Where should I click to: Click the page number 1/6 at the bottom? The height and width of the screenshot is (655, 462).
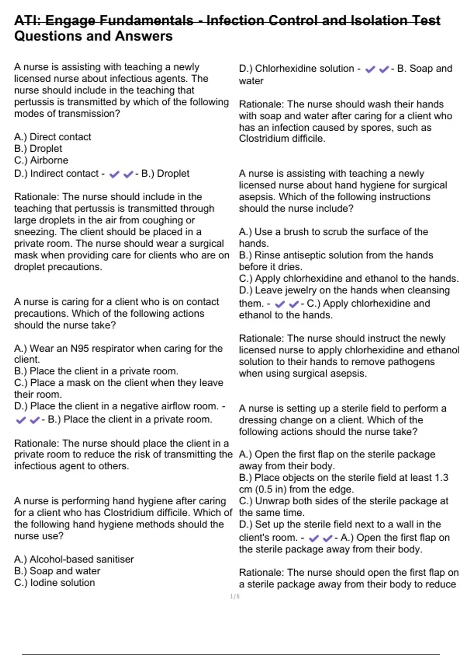click(x=235, y=596)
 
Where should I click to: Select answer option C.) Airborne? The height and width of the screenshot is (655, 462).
click(x=41, y=160)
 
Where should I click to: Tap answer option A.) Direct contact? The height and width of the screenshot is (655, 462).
click(x=53, y=137)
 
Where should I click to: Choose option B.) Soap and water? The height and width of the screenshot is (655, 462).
click(x=57, y=571)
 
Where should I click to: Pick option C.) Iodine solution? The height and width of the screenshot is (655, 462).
click(x=54, y=583)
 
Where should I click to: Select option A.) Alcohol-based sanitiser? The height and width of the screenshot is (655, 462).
click(x=74, y=559)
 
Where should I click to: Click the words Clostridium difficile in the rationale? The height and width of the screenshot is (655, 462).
click(x=281, y=139)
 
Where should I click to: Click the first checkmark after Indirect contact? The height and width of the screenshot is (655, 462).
click(x=114, y=175)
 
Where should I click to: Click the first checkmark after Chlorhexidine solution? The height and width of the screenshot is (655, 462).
click(x=370, y=69)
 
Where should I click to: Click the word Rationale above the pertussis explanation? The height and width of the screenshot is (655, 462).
click(x=37, y=197)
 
